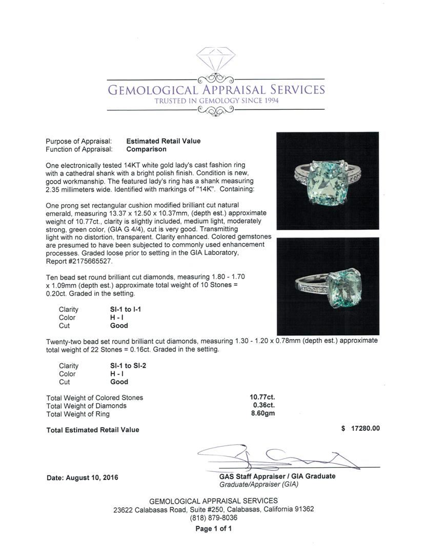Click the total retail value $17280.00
pos(360,429)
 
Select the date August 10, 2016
pos(82,478)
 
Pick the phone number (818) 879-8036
pos(213,518)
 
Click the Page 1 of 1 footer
pos(213,528)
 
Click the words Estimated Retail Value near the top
pos(164,141)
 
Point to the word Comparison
pos(146,149)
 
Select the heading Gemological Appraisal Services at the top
pos(215,90)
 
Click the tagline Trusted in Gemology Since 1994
pos(216,101)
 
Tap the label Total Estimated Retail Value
pos(93,430)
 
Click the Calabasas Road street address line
pos(213,509)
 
